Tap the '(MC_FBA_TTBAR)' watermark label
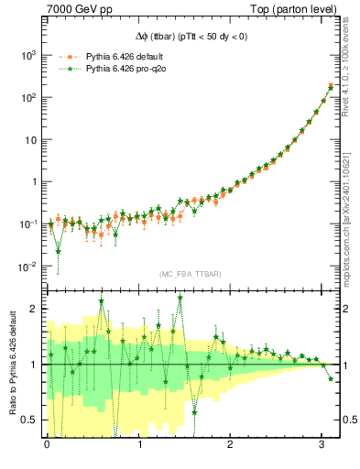click(x=191, y=274)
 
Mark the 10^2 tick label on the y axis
click(x=29, y=97)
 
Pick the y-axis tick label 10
click(x=31, y=139)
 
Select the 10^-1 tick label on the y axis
click(x=28, y=224)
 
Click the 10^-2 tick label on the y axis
click(x=28, y=267)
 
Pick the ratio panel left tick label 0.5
click(x=31, y=420)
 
